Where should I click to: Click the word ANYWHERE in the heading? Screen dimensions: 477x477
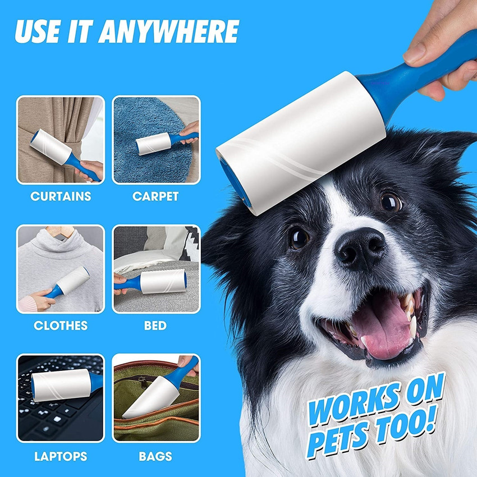169,31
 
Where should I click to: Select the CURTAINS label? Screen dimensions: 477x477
61,196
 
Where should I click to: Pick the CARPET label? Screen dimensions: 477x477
155,196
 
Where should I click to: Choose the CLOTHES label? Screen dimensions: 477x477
61,325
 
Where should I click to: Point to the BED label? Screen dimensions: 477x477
155,325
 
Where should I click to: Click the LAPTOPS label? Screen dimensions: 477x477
61,456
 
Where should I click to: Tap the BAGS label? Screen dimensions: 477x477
155,456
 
